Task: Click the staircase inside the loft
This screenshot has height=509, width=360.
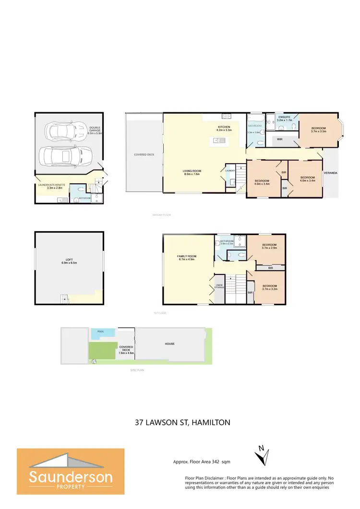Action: (64, 299)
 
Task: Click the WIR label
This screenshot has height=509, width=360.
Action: (279, 140)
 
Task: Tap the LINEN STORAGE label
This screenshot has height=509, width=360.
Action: (219, 287)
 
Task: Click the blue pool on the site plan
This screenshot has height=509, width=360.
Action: (103, 331)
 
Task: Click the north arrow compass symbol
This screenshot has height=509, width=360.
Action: (262, 455)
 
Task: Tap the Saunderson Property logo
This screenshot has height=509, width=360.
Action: (71, 471)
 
